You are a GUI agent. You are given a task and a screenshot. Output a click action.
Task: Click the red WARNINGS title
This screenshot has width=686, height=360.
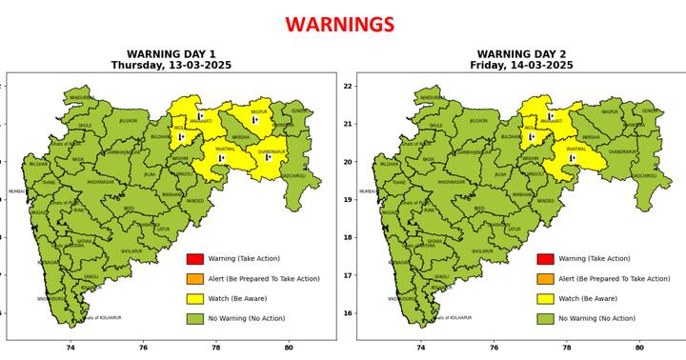point(339,25)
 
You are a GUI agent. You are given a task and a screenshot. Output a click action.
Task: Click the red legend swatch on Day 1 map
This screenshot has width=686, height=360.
point(194,259)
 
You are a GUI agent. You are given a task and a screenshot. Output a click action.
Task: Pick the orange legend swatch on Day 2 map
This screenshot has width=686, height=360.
point(545,279)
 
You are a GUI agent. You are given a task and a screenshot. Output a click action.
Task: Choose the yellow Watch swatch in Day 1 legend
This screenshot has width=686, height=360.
point(194,299)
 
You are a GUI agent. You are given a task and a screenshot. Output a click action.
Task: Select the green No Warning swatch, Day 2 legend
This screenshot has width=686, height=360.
point(545,319)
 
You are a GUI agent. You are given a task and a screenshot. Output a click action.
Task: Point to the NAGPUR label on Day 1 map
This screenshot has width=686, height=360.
point(259,112)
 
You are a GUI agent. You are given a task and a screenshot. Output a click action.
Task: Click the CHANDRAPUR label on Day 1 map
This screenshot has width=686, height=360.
point(272,151)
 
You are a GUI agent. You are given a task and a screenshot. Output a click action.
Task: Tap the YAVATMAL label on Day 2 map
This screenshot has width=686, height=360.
point(576,149)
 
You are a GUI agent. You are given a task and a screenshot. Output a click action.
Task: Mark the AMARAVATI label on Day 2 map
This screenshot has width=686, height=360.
point(552,122)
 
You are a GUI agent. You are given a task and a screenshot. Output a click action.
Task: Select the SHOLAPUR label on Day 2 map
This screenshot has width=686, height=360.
point(482,251)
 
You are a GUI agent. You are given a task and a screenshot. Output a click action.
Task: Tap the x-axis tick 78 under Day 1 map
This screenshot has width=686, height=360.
point(216,349)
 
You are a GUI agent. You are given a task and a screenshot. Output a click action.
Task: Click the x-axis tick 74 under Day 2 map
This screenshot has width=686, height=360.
point(421,349)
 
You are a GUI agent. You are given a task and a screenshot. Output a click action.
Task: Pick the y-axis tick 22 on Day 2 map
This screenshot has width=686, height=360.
point(349,87)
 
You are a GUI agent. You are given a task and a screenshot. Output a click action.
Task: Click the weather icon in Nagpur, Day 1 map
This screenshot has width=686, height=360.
point(254,120)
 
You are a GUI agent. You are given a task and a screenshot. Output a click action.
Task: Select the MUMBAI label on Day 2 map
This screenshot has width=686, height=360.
point(367,191)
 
